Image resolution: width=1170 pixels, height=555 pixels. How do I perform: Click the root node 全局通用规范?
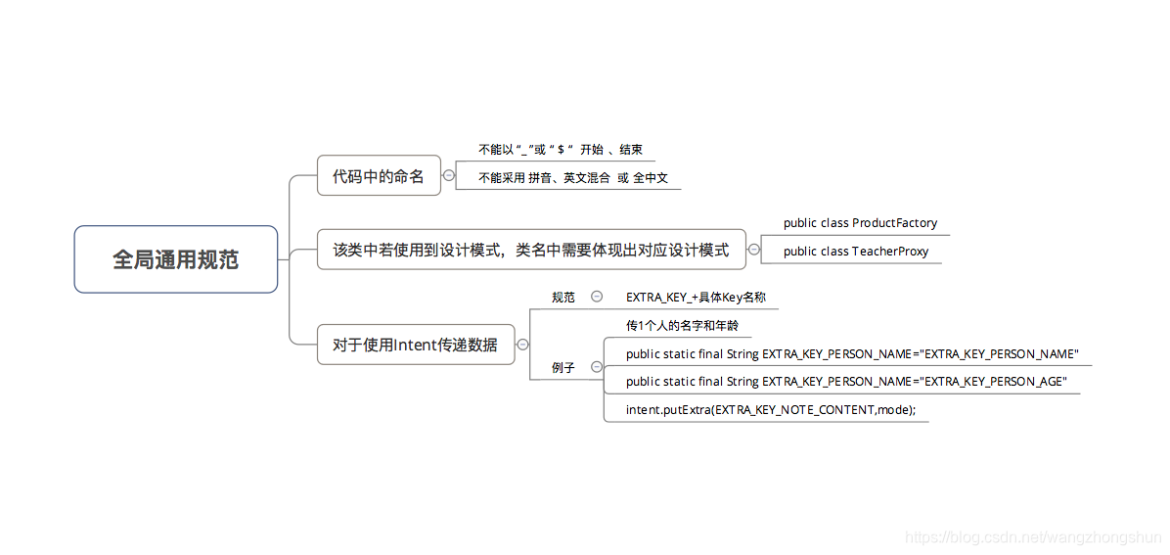pos(175,259)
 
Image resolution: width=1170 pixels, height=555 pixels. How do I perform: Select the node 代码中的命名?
pos(379,176)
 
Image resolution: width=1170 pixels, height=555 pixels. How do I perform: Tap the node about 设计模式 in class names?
pos(531,250)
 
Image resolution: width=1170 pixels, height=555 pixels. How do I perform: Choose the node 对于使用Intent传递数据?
pos(415,345)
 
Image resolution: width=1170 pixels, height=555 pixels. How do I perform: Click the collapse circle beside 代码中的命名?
pos(449,176)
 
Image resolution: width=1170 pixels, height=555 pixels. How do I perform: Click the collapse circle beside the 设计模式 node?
pos(753,250)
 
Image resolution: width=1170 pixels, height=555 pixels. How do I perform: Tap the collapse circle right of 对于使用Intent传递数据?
pos(523,345)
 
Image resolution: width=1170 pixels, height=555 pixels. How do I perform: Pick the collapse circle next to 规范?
pos(597,297)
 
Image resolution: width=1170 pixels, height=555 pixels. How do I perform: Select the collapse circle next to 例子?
pos(597,367)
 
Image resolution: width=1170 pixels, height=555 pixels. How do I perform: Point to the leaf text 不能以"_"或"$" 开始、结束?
pos(560,150)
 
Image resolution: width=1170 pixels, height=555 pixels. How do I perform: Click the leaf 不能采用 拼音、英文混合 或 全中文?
pos(572,178)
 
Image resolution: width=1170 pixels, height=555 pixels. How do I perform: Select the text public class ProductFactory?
pos(860,223)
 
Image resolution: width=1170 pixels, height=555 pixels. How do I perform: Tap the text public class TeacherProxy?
pos(856,252)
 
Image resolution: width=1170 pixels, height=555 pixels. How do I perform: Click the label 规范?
pos(563,297)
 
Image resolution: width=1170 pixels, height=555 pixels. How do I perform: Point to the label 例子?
pos(563,367)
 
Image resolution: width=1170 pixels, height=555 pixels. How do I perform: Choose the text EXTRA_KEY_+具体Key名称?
pos(696,297)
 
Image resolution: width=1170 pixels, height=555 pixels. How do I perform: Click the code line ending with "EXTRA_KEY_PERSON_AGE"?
pos(846,382)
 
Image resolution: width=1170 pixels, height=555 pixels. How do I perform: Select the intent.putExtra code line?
pos(771,410)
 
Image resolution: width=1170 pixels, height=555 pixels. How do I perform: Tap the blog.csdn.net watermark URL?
pos(1032,537)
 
